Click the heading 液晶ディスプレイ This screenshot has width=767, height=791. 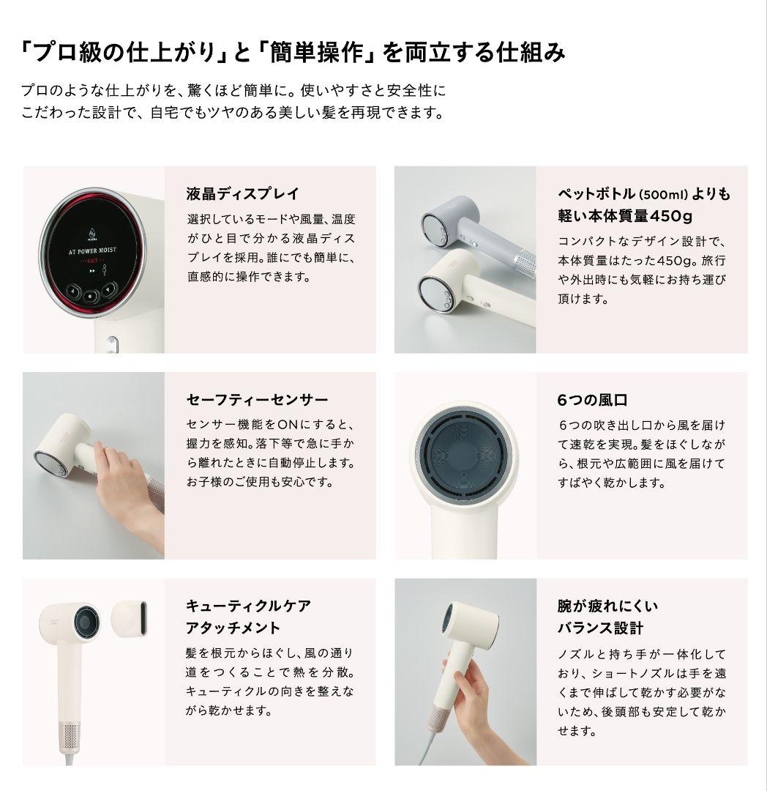[x=242, y=193]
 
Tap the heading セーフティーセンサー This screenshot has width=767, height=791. [x=257, y=400]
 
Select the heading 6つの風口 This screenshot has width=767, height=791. [x=592, y=400]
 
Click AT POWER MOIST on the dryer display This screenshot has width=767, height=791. [x=92, y=250]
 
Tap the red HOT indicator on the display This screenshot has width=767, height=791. [x=93, y=261]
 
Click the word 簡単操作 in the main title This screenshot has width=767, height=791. [x=316, y=53]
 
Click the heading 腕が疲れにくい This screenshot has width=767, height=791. [x=607, y=606]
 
